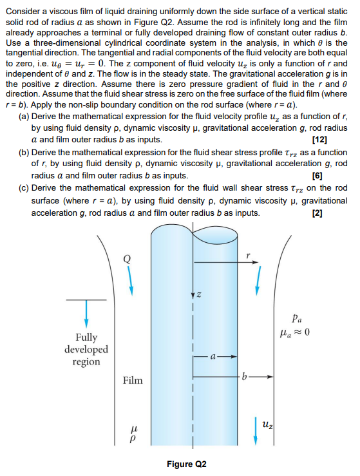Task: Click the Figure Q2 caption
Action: click(x=186, y=464)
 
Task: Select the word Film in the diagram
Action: click(x=133, y=380)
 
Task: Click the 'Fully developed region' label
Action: click(x=86, y=349)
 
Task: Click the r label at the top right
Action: click(x=248, y=255)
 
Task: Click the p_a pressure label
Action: click(x=296, y=318)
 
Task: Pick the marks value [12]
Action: click(x=319, y=139)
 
